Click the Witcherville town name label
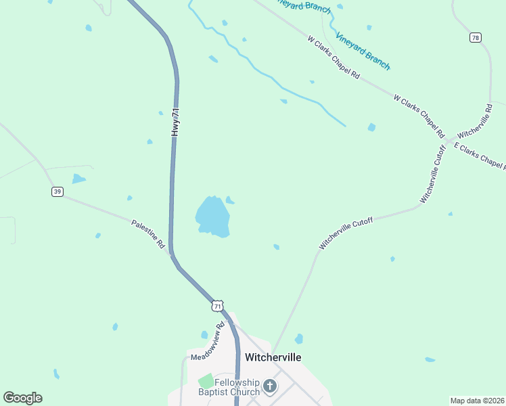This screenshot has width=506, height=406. pos(273,357)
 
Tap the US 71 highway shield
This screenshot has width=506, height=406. pos(216,306)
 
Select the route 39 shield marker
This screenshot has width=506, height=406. pos(57,191)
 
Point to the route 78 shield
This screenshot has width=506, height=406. pos(476,38)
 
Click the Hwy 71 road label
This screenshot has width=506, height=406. pos(176,122)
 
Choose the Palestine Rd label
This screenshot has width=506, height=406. pos(148,234)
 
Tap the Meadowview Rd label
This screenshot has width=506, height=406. pos(207,342)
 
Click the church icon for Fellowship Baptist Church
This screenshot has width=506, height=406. pos(269,386)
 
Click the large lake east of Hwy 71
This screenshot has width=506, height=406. pos(212,217)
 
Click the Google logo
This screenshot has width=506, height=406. pos(22,398)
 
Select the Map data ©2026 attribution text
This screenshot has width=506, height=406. pos(477,401)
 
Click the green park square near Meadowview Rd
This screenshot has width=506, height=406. pos(206,381)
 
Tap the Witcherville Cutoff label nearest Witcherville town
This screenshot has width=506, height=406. pos(346,233)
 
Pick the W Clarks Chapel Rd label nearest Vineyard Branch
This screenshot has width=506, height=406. pos(333,57)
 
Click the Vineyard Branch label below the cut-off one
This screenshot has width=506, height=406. pos(363,51)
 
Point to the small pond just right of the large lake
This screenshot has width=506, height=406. pos(230,200)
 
